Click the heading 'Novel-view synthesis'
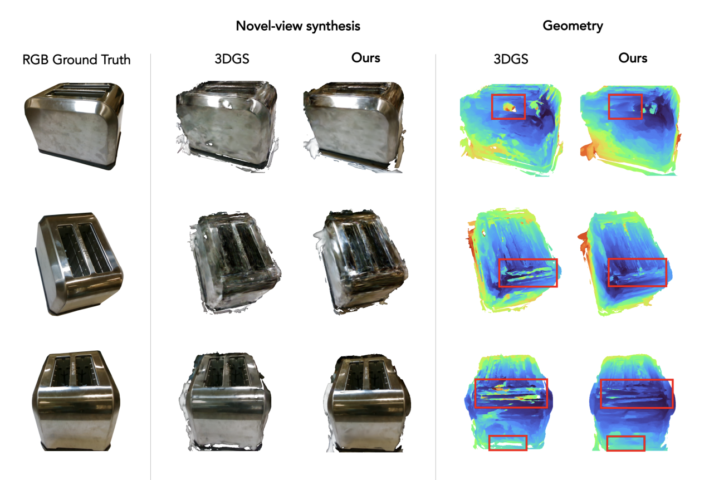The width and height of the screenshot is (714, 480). [x=298, y=26]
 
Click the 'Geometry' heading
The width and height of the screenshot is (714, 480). [x=573, y=26]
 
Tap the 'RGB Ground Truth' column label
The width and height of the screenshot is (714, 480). [x=76, y=60]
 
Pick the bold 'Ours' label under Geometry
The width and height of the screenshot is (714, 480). [x=633, y=58]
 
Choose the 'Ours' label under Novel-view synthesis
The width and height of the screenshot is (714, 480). [x=365, y=58]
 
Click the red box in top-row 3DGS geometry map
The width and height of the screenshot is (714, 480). [x=508, y=106]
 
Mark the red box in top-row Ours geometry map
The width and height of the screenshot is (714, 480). [x=625, y=106]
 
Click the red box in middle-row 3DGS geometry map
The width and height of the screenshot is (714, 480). [x=527, y=273]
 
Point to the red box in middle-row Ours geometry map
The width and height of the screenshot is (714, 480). [x=637, y=272]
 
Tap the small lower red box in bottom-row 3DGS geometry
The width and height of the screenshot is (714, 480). [x=507, y=443]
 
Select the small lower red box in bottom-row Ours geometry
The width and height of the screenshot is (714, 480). [x=625, y=443]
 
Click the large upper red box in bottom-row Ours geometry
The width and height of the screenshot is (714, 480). [x=637, y=393]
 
